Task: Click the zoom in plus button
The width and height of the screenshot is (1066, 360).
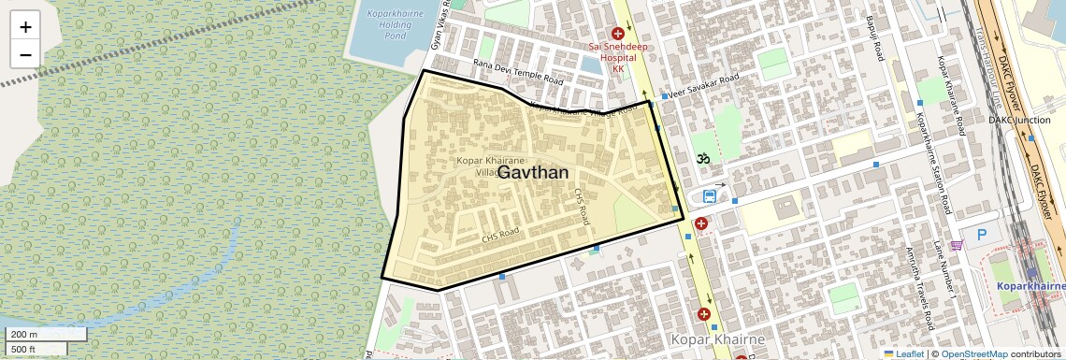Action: (25, 27)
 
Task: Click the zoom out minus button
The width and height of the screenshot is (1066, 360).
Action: (25, 54)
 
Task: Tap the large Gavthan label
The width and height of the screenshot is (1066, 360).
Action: (533, 173)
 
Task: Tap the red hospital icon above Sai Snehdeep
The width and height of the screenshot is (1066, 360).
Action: (617, 34)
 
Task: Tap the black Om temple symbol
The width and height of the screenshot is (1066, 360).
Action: (703, 158)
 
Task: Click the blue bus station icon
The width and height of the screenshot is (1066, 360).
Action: (710, 196)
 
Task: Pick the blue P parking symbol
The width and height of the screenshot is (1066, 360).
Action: (981, 235)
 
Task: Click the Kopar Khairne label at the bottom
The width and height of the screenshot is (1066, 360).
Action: (718, 338)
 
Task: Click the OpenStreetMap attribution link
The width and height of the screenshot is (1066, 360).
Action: (973, 354)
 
